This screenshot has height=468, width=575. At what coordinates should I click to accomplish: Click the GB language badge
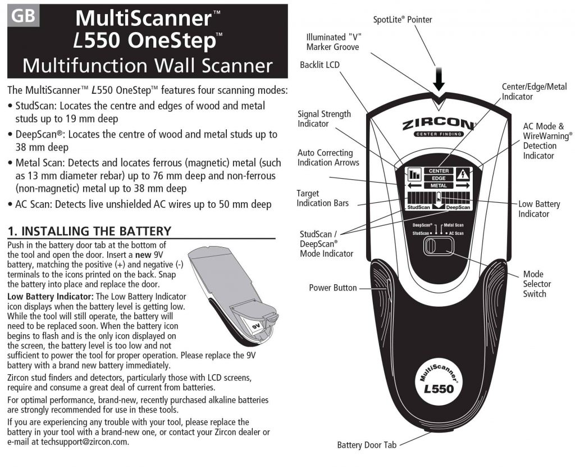point(23,16)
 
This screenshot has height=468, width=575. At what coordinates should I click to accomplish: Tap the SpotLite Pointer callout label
point(402,20)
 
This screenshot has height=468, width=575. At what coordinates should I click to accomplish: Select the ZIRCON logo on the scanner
point(439,124)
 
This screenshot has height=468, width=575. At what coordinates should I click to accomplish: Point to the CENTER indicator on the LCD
point(439,171)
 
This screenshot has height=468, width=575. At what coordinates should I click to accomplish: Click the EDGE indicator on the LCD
point(439,178)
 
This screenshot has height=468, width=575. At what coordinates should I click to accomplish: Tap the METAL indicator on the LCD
point(439,185)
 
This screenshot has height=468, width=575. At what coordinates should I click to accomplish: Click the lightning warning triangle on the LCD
point(463,174)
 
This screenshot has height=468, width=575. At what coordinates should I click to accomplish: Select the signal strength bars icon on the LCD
point(414,174)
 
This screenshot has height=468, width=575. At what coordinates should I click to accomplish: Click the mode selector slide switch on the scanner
point(439,246)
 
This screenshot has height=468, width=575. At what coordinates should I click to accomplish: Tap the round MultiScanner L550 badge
point(439,382)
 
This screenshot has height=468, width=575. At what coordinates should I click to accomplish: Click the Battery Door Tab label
point(367,446)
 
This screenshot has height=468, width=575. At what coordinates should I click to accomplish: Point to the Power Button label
point(332,288)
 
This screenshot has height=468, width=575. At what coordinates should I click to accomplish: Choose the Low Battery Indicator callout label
point(539,209)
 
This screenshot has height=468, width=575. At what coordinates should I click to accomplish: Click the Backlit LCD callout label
point(320,65)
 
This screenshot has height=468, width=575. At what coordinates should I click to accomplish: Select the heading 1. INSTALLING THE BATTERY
point(89,231)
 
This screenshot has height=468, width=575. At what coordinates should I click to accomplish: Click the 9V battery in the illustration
point(255,325)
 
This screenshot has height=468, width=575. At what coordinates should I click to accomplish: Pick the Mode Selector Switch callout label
point(537,284)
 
